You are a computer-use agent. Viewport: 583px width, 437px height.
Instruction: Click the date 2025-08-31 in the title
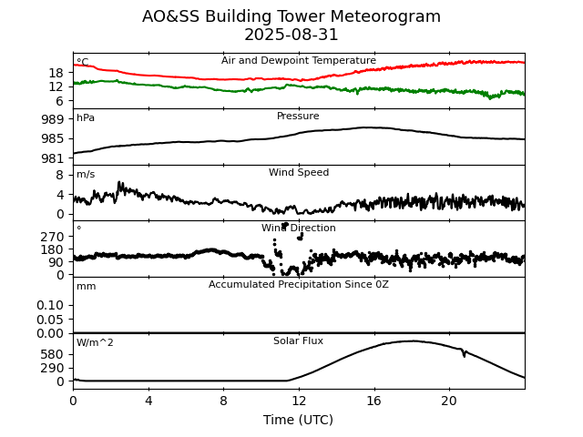[291, 36]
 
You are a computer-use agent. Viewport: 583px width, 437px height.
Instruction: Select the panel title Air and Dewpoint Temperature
[298, 61]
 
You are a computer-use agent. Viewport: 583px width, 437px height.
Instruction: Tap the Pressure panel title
[298, 117]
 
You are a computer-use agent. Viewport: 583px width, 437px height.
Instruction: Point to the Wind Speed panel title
[298, 173]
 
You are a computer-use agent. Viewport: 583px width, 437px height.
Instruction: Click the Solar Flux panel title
[298, 341]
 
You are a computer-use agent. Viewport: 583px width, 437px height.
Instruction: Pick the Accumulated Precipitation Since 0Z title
[298, 285]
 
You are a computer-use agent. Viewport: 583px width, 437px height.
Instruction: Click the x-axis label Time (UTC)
[298, 420]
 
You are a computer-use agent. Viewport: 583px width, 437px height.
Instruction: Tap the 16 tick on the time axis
[373, 401]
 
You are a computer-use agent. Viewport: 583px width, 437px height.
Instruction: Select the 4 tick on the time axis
[148, 401]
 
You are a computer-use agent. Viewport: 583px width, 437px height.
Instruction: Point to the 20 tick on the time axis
[449, 401]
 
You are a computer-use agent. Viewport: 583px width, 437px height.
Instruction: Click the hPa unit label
[86, 118]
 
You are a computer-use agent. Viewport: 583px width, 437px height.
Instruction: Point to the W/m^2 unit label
[95, 343]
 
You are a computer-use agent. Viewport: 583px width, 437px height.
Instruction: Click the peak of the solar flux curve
[413, 341]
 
